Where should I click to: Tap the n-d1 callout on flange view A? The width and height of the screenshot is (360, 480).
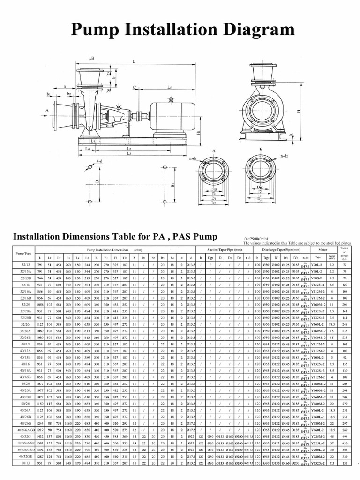pos(192,158)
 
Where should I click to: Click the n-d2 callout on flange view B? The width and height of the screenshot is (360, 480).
pos(284,155)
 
